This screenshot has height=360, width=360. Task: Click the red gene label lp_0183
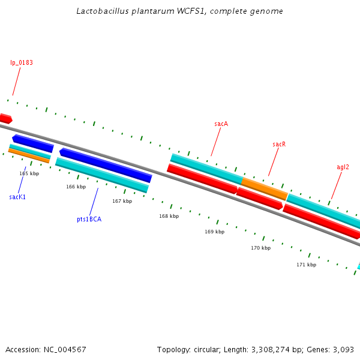click(21, 62)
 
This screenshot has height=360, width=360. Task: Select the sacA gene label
click(221, 124)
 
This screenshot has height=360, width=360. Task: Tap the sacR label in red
click(279, 145)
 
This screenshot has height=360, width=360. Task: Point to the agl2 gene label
click(343, 167)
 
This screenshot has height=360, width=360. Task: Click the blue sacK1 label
click(17, 197)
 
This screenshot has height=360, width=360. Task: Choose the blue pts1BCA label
click(89, 219)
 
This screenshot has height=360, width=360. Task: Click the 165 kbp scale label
click(29, 173)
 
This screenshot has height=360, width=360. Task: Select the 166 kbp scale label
click(76, 187)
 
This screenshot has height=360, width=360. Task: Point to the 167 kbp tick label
click(122, 201)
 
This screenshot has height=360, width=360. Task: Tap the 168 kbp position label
click(169, 216)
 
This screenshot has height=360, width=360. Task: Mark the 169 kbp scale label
click(214, 232)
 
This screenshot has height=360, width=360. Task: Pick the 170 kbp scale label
click(260, 248)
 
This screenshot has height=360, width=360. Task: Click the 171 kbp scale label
click(306, 265)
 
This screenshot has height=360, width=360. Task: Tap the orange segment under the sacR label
click(264, 188)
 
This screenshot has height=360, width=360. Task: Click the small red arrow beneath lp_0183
click(5, 118)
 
